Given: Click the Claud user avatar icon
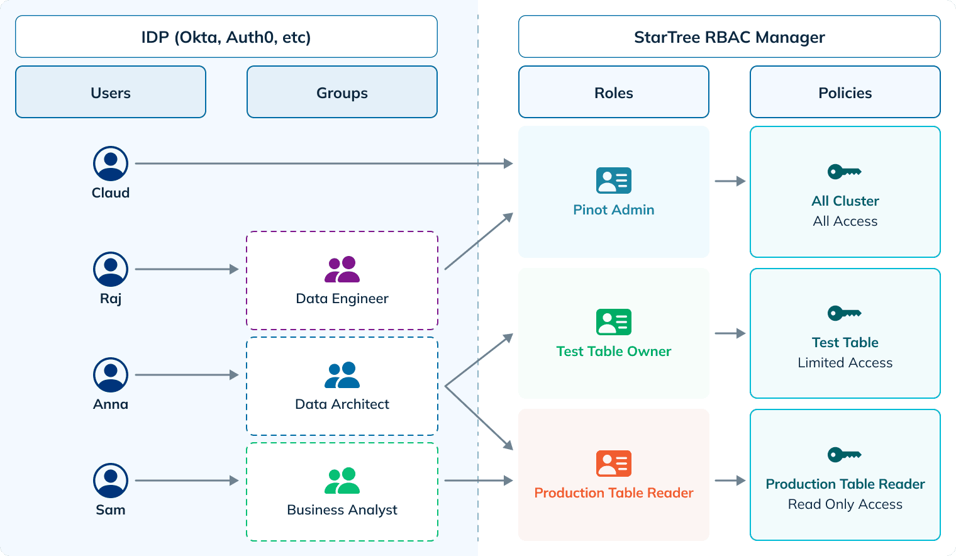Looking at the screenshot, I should pos(111,164).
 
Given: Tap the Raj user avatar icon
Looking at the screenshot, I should pos(111,269).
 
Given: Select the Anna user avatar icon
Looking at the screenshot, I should pos(111,375).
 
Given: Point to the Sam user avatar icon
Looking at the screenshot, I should pos(111,481).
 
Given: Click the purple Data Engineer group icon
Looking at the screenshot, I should pos(342,270).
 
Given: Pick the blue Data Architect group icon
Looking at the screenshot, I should pos(342,375).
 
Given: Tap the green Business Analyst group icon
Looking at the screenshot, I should pos(342,481).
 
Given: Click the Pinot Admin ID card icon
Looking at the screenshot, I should pos(614,181).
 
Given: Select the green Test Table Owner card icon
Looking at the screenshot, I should pos(614,322).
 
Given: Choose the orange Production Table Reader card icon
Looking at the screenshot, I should pos(614,464).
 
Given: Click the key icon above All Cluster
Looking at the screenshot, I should pos(844,171).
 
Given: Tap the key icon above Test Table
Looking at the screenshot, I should pos(844,313).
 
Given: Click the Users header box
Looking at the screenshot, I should pos(111,92).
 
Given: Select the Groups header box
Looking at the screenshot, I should pos(342,92).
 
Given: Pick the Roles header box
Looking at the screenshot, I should pos(614,92).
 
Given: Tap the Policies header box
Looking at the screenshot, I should pos(845,92).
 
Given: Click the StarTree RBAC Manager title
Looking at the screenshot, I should pos(730,37).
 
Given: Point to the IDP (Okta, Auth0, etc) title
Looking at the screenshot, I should pos(226,37).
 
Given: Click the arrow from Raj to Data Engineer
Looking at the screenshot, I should pos(187,269).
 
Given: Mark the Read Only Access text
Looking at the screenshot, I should pos(845,504).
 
